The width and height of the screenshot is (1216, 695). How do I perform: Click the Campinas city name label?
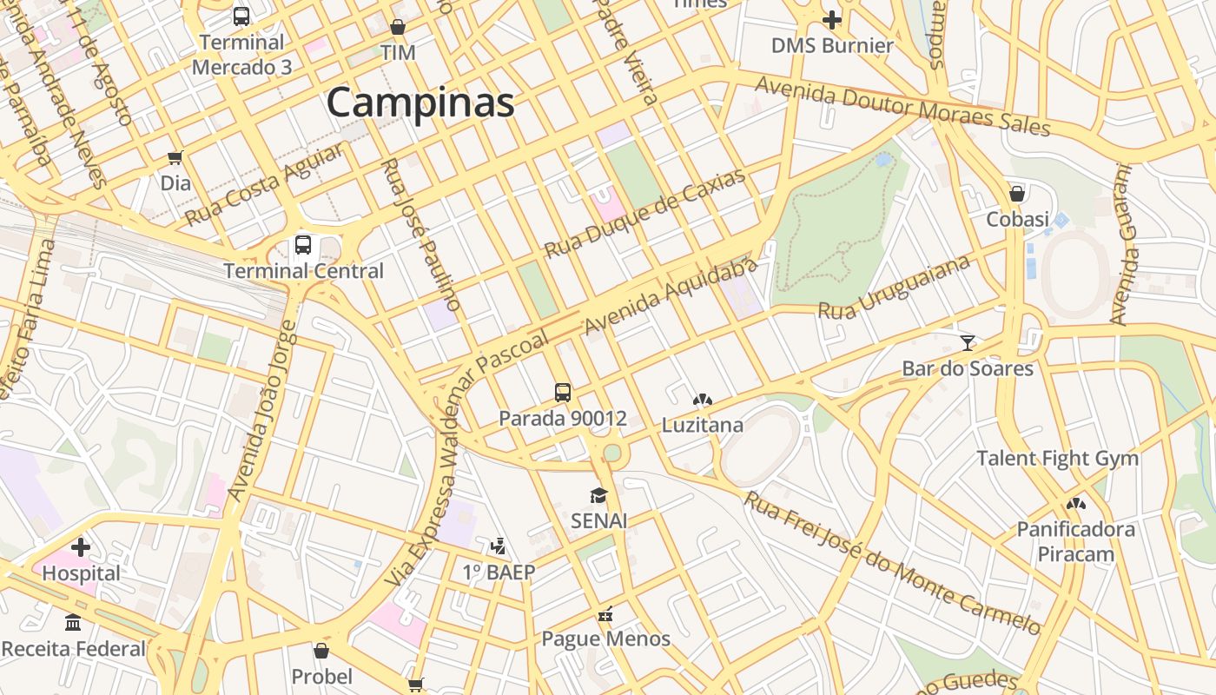(x=420, y=103)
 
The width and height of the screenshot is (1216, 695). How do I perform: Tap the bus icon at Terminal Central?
(x=303, y=245)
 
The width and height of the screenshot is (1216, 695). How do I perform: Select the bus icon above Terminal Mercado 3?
(x=241, y=16)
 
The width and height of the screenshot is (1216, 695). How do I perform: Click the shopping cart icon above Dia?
(x=175, y=157)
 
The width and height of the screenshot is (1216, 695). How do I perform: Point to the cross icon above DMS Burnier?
(x=832, y=19)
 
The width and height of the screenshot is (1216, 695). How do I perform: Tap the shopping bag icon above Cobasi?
(x=1017, y=193)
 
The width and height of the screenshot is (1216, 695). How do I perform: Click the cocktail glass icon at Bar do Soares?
(x=968, y=342)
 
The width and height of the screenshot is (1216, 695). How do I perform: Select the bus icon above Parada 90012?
(x=563, y=392)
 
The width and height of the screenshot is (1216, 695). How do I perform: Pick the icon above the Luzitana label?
(x=703, y=400)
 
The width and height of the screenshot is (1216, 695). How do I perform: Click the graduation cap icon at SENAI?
(x=598, y=495)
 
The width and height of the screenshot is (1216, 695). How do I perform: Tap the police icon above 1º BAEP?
(x=498, y=546)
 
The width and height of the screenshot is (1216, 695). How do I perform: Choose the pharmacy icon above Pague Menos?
(x=605, y=613)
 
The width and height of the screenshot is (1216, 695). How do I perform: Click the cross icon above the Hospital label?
(x=81, y=547)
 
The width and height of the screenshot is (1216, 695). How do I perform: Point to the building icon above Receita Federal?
(x=74, y=623)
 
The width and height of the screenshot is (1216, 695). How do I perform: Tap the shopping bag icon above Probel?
(x=321, y=651)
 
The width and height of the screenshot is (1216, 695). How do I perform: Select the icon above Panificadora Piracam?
(x=1076, y=503)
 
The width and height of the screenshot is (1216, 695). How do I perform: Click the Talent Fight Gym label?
(x=1057, y=458)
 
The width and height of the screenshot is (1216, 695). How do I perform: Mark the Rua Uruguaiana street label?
(x=894, y=287)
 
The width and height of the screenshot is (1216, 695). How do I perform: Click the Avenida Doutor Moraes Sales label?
(x=902, y=106)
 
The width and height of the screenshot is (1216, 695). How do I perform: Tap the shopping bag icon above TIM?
(x=398, y=27)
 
